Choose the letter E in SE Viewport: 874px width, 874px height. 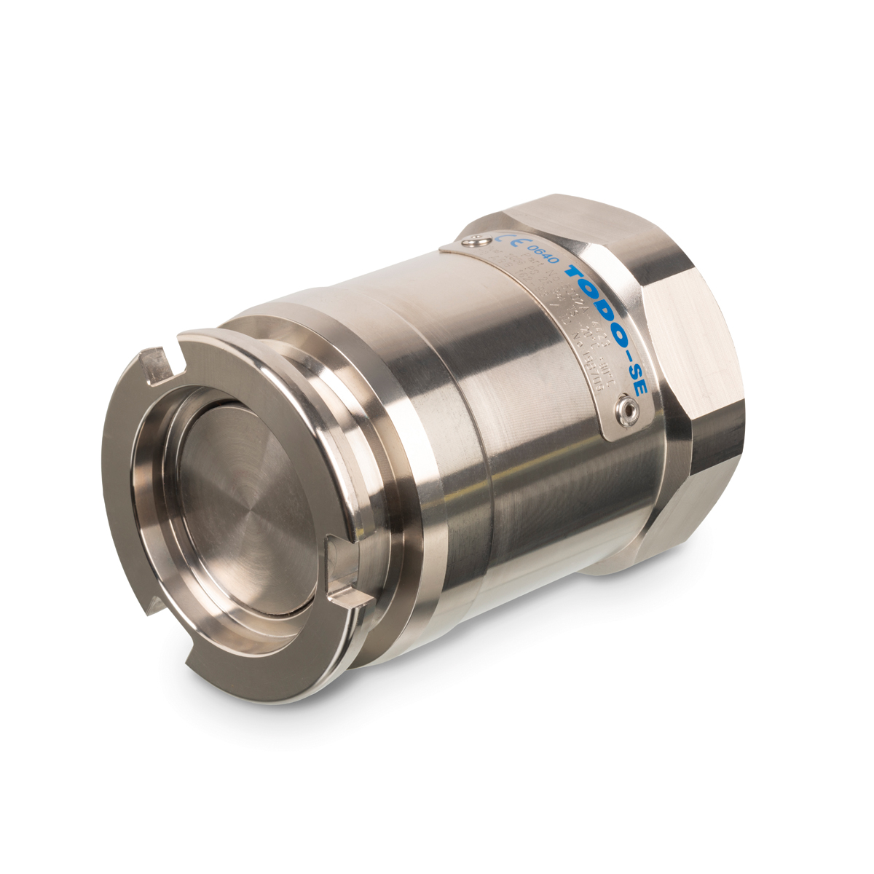(641, 390)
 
